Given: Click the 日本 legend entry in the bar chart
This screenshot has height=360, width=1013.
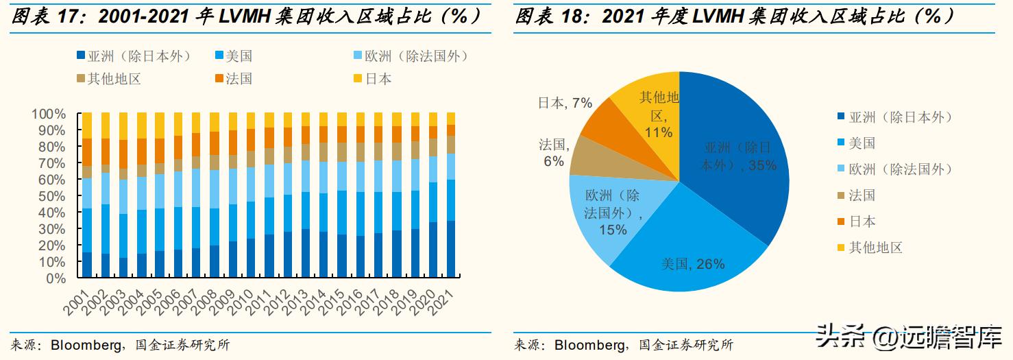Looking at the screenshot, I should click(x=378, y=79).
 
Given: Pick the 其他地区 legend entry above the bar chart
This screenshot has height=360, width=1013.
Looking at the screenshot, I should click(x=114, y=79).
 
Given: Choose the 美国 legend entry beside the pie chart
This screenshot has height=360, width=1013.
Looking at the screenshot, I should click(x=862, y=143).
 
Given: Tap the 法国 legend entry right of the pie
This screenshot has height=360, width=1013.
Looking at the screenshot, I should click(x=862, y=195).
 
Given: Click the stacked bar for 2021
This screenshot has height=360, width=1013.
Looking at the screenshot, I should click(x=450, y=195).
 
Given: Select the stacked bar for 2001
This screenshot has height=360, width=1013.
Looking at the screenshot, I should click(x=87, y=195).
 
